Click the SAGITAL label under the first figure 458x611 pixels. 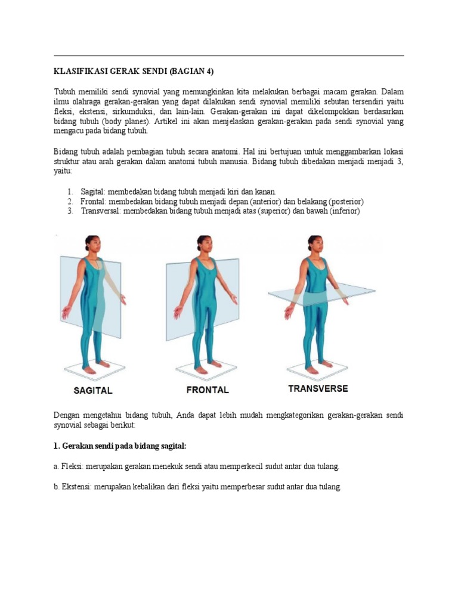pyautogui.click(x=92, y=391)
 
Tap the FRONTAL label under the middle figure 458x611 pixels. pyautogui.click(x=207, y=390)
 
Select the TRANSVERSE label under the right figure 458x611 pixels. pyautogui.click(x=318, y=388)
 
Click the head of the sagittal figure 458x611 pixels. pyautogui.click(x=92, y=243)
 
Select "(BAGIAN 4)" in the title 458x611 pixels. pyautogui.click(x=191, y=71)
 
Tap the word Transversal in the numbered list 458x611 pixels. pyautogui.click(x=101, y=211)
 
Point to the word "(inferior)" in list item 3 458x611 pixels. pyautogui.click(x=342, y=211)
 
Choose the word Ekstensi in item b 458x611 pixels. pyautogui.click(x=75, y=486)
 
